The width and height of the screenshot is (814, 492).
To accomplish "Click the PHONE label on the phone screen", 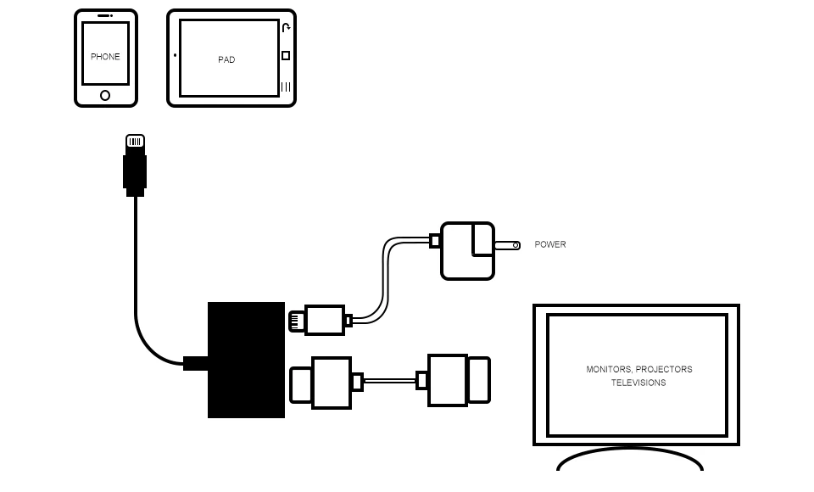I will (105, 57).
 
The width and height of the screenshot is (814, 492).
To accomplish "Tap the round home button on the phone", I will (105, 95).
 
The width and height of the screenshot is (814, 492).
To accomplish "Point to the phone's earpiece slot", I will (105, 15).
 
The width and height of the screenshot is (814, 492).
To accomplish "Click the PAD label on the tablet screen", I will (226, 60).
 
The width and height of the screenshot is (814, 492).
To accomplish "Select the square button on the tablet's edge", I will (286, 56).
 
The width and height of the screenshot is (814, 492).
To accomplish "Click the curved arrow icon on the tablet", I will (287, 28).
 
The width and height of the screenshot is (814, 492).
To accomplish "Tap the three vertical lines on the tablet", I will (286, 87).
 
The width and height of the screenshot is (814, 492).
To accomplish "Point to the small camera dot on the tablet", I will (176, 56).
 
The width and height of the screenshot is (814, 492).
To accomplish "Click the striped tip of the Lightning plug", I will (135, 142).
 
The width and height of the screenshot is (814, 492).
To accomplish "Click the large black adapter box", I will (246, 360).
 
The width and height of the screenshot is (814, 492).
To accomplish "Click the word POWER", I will (550, 244).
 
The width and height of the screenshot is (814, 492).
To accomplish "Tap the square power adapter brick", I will (466, 251).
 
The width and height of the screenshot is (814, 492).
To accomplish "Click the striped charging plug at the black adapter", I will (297, 321).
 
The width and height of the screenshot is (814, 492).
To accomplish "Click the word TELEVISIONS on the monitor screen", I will (638, 383).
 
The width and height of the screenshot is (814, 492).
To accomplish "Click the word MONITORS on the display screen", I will (608, 370).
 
